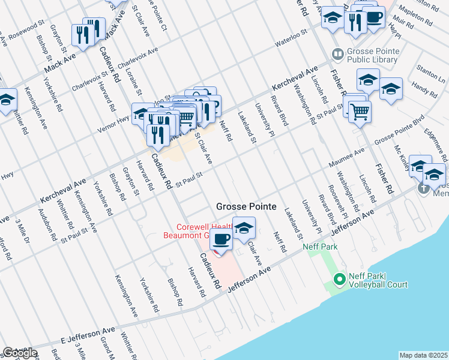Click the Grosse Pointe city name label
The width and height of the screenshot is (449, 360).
246,206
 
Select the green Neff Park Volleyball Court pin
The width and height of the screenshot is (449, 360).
339,279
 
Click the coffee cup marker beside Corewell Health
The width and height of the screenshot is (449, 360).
221,239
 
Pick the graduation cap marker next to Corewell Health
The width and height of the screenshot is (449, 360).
244,228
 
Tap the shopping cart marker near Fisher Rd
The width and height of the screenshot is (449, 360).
360,112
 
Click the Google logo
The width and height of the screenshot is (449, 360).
20,353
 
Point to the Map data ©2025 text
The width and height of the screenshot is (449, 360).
424,355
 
